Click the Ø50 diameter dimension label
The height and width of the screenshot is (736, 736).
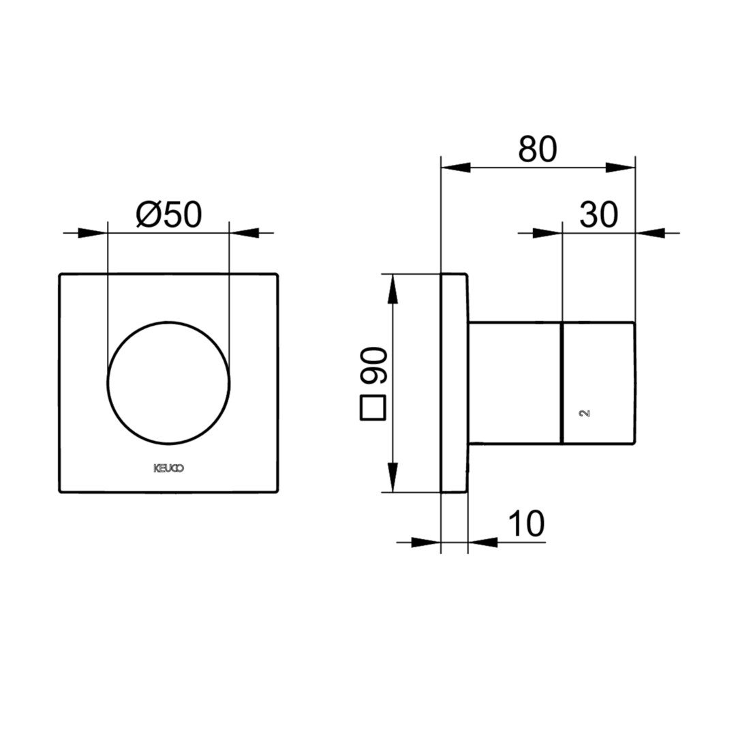pyautogui.click(x=169, y=215)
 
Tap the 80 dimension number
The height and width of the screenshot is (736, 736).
pyautogui.click(x=538, y=149)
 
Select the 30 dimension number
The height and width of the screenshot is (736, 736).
pyautogui.click(x=598, y=215)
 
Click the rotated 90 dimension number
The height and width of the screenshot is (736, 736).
pyautogui.click(x=374, y=365)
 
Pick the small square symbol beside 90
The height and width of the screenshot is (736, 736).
pyautogui.click(x=373, y=408)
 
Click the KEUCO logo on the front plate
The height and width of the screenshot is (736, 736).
pyautogui.click(x=169, y=468)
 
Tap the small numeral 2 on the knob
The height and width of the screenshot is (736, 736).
pyautogui.click(x=585, y=413)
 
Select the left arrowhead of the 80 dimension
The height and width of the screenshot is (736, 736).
pyautogui.click(x=456, y=167)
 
